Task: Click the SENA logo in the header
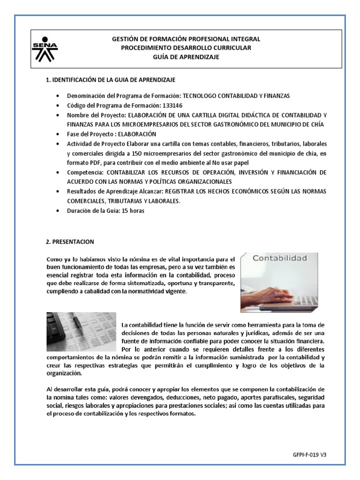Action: click(45, 49)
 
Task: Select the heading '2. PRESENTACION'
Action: click(70, 242)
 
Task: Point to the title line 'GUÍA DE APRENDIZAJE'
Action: click(186, 57)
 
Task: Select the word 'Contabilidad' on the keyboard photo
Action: click(280, 258)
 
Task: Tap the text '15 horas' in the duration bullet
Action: click(133, 210)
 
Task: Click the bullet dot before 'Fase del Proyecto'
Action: click(58, 134)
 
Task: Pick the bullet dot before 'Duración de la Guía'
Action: click(58, 211)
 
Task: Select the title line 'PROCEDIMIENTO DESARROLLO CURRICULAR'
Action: click(186, 48)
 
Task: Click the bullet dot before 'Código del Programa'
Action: click(58, 105)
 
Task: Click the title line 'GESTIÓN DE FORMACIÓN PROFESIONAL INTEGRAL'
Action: click(186, 39)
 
